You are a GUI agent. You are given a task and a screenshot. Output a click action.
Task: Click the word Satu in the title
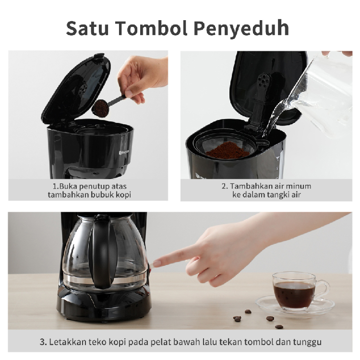coord(87,28)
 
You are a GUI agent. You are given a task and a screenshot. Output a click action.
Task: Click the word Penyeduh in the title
coord(241,29)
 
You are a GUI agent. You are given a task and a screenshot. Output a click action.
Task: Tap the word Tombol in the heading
coord(152,28)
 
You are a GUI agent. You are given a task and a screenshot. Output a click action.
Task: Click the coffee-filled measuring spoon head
coord(100,108)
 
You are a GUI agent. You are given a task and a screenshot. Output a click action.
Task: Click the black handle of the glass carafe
coord(102,252)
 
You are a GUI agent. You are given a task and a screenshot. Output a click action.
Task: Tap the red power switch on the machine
coord(150,267)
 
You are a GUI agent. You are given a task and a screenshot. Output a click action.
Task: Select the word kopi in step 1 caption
coord(123,195)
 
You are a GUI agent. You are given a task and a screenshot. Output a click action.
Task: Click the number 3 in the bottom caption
coord(43,342)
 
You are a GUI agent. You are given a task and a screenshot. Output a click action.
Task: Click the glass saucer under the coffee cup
coord(295,305)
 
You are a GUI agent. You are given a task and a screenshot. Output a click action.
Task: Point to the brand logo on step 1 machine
coord(124,152)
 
